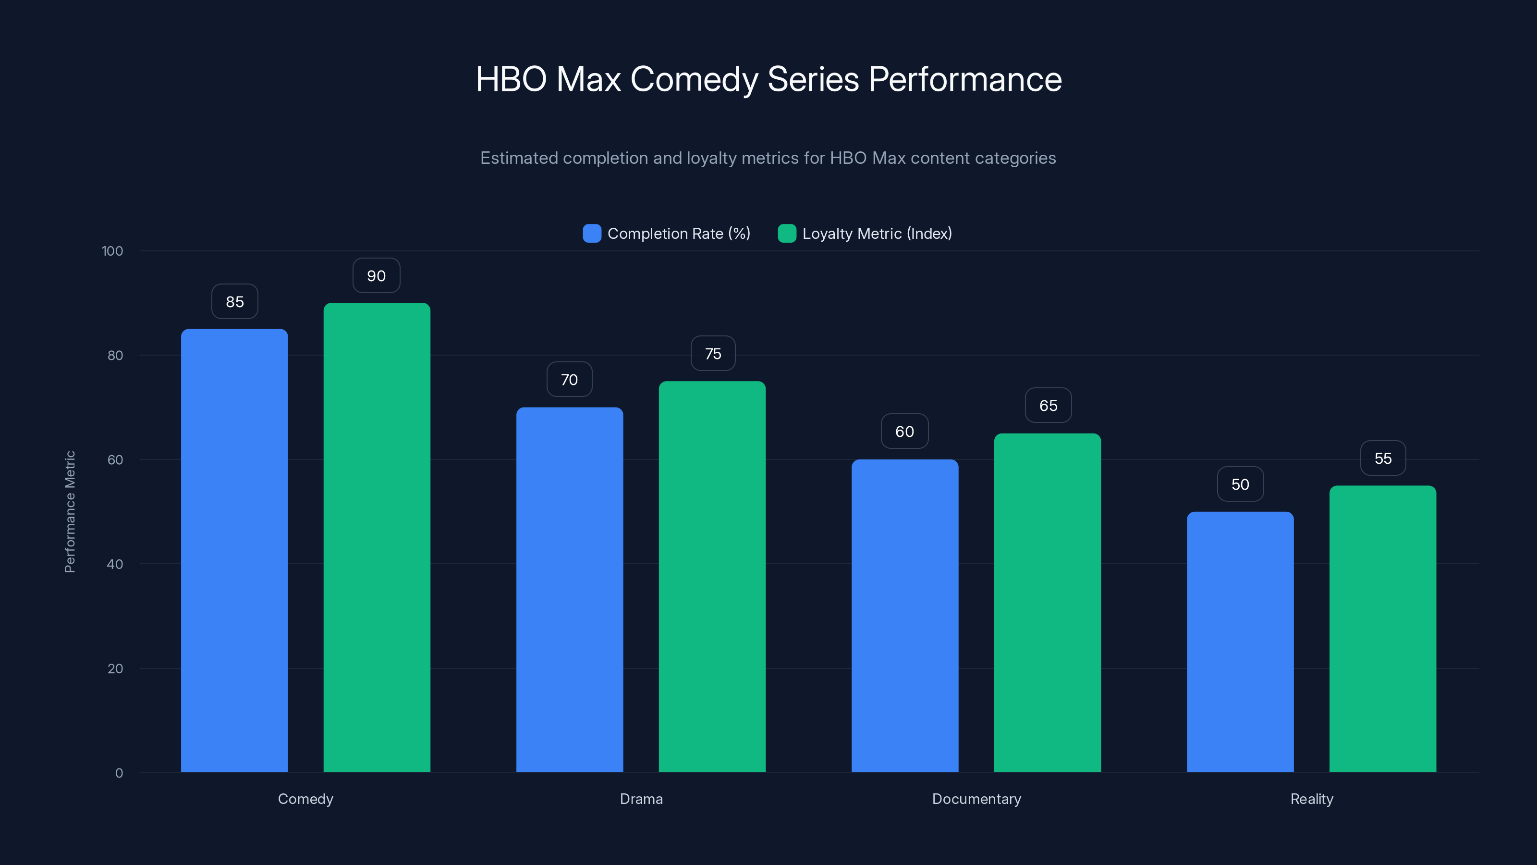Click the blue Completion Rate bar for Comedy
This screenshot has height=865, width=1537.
(234, 550)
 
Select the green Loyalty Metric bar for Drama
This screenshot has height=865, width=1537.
(712, 576)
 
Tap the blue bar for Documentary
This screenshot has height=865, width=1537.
(904, 615)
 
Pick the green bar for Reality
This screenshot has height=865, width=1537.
(1382, 628)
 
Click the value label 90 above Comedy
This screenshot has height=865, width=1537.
(376, 276)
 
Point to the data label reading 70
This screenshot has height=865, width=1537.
(569, 380)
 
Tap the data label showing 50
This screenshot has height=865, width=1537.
(1240, 484)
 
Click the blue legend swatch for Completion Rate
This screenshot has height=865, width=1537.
(592, 234)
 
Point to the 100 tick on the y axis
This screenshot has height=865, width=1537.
(112, 251)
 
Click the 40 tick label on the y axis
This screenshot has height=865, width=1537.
(115, 564)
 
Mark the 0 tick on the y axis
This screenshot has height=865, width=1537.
(119, 773)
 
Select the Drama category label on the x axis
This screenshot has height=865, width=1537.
(641, 799)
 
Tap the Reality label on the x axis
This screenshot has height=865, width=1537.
(1311, 799)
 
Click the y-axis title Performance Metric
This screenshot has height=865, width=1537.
(70, 512)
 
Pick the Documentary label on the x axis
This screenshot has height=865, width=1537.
(976, 799)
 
